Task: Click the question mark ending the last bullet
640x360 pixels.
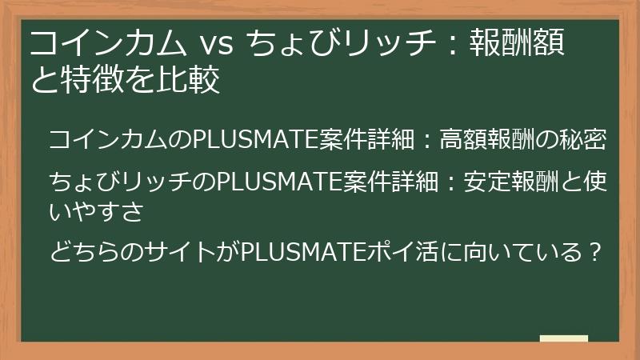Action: pos(594,254)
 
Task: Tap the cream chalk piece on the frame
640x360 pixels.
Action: pos(563,339)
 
